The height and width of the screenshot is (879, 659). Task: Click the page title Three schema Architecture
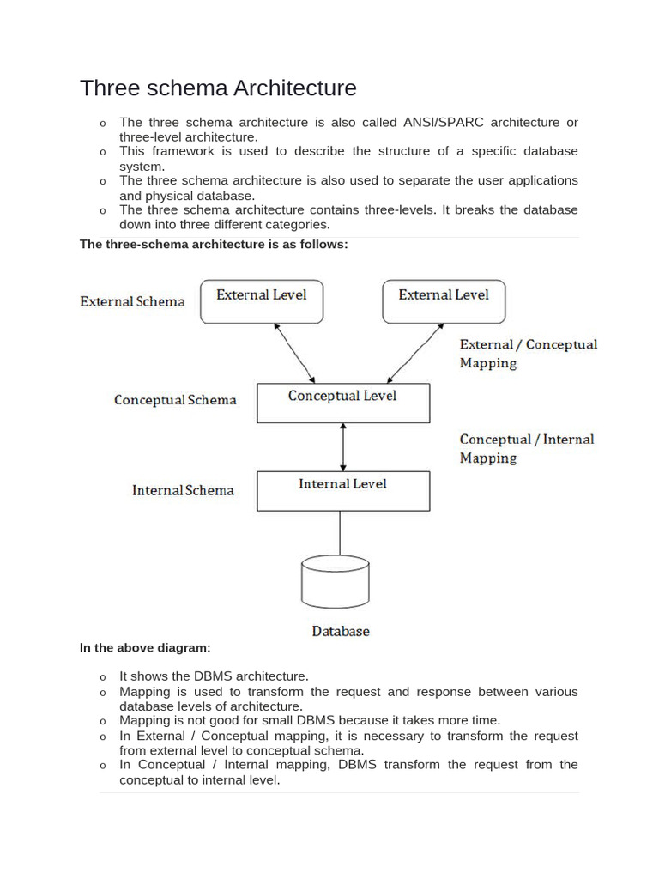pyautogui.click(x=218, y=88)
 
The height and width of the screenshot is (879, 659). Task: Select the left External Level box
pyautogui.click(x=262, y=301)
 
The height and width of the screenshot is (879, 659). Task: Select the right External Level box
pyautogui.click(x=444, y=301)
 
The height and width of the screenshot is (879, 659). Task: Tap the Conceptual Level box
pyautogui.click(x=343, y=403)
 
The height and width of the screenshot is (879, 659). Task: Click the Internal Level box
pyautogui.click(x=343, y=490)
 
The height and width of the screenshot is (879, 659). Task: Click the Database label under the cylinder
pyautogui.click(x=341, y=631)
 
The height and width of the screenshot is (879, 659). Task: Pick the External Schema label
pyautogui.click(x=132, y=301)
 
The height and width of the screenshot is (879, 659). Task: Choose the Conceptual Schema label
pyautogui.click(x=175, y=400)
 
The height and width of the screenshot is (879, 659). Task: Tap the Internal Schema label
pyautogui.click(x=183, y=490)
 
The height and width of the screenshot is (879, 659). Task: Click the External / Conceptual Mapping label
pyautogui.click(x=528, y=353)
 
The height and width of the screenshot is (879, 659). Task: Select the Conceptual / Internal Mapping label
pyautogui.click(x=526, y=448)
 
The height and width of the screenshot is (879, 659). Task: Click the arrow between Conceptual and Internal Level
pyautogui.click(x=343, y=446)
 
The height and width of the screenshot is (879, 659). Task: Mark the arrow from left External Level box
pyautogui.click(x=294, y=353)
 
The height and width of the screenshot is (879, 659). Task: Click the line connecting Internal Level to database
pyautogui.click(x=341, y=533)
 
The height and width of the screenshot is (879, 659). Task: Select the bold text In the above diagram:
pyautogui.click(x=145, y=648)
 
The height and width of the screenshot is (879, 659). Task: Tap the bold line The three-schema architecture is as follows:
pyautogui.click(x=214, y=245)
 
